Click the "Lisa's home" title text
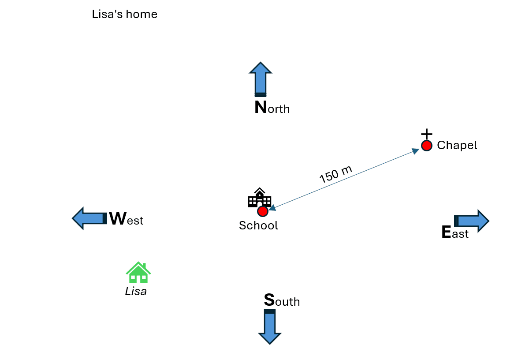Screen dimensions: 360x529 point(124,15)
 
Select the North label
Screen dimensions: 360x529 point(272,108)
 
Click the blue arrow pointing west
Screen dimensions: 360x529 point(89,218)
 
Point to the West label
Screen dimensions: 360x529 point(126,219)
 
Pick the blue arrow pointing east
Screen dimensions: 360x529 point(472,221)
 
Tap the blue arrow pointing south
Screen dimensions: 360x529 point(270,326)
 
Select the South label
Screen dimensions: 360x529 point(282,301)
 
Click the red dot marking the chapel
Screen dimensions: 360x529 point(426,146)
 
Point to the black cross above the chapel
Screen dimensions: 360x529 point(426,134)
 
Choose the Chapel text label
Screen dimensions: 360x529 point(457,145)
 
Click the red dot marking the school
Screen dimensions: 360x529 point(263,211)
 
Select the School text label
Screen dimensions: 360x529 point(258,225)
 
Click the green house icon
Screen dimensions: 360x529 point(138,273)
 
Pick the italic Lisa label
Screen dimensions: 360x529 point(136,292)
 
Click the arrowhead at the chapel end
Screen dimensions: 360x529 point(415,151)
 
